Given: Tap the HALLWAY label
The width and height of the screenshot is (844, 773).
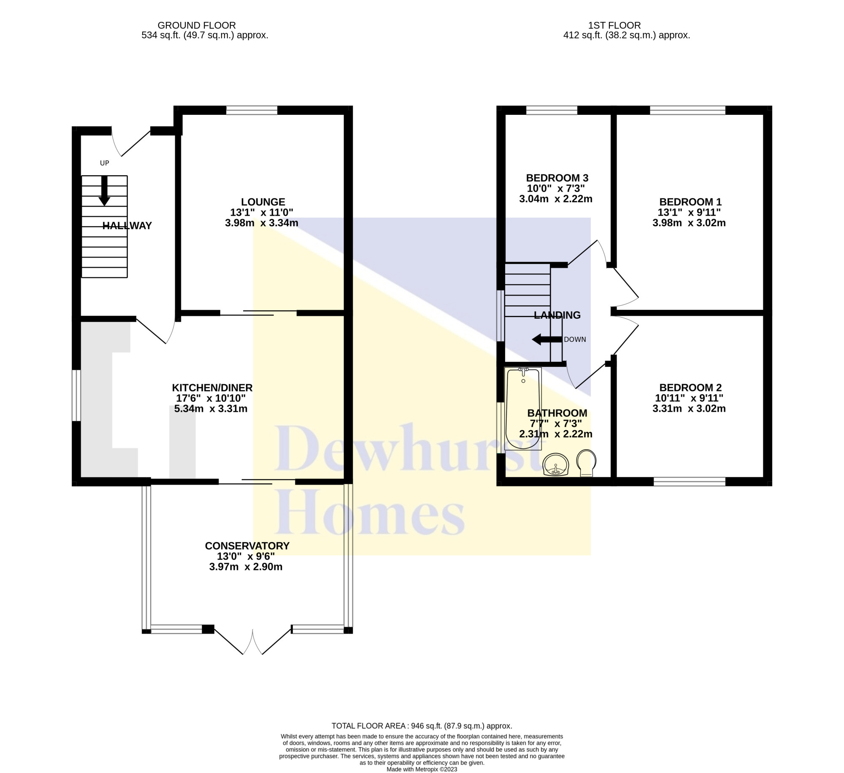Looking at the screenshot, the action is click(127, 226).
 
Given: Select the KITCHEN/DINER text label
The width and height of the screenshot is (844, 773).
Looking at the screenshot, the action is click(212, 388).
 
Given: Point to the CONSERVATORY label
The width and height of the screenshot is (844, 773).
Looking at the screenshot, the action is click(247, 546).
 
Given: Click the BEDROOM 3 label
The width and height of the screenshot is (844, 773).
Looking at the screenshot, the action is click(557, 178).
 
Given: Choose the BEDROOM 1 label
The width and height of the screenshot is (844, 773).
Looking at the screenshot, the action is click(690, 202).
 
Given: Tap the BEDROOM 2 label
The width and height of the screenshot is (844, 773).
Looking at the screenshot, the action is click(690, 388).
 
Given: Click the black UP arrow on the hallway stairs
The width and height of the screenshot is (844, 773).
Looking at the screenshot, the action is click(104, 191).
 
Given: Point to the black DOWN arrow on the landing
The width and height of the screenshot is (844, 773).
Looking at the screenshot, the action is click(547, 339).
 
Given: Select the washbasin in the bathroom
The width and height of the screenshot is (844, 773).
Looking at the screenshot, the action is click(556, 465).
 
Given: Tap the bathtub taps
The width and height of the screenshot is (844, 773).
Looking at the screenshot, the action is click(523, 371).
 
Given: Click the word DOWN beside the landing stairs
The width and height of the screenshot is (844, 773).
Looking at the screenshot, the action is click(575, 339).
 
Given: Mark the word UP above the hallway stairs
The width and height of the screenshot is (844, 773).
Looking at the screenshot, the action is click(104, 163).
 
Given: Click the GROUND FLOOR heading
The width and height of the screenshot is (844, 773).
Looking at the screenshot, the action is click(197, 26).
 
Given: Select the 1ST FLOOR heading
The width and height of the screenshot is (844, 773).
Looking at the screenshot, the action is click(614, 26).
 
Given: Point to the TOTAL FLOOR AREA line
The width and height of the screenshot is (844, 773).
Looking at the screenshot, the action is click(422, 726).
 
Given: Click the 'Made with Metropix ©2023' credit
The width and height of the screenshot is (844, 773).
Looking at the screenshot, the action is click(422, 769).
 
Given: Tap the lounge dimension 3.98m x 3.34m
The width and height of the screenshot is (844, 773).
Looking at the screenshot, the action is click(262, 223).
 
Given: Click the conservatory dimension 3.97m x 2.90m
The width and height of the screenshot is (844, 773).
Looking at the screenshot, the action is click(246, 567).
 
